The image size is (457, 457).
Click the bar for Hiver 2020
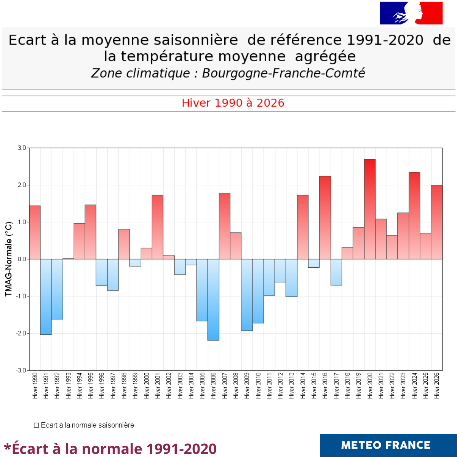click(370, 209)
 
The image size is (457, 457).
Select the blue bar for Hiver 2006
click(213, 300)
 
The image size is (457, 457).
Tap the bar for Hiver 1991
click(46, 297)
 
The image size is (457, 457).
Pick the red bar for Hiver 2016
click(325, 218)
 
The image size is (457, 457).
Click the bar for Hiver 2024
click(414, 216)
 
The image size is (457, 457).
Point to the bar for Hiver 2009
click(247, 295)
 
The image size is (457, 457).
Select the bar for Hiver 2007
click(224, 226)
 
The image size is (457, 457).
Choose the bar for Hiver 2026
click(437, 222)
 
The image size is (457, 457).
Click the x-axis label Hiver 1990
click(35, 386)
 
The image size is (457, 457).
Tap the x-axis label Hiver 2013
click(292, 386)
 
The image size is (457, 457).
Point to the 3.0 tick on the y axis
click(22, 148)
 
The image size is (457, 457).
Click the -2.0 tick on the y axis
click(21, 333)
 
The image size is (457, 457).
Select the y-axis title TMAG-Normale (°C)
click(8, 259)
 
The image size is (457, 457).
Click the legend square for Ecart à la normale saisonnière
click(37, 425)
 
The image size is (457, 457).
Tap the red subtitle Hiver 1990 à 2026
click(233, 103)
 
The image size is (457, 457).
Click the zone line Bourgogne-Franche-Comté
click(228, 73)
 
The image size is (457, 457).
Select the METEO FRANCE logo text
click(386, 445)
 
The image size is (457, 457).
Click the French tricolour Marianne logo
click(411, 13)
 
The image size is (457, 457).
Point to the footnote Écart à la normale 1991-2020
click(110, 449)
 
